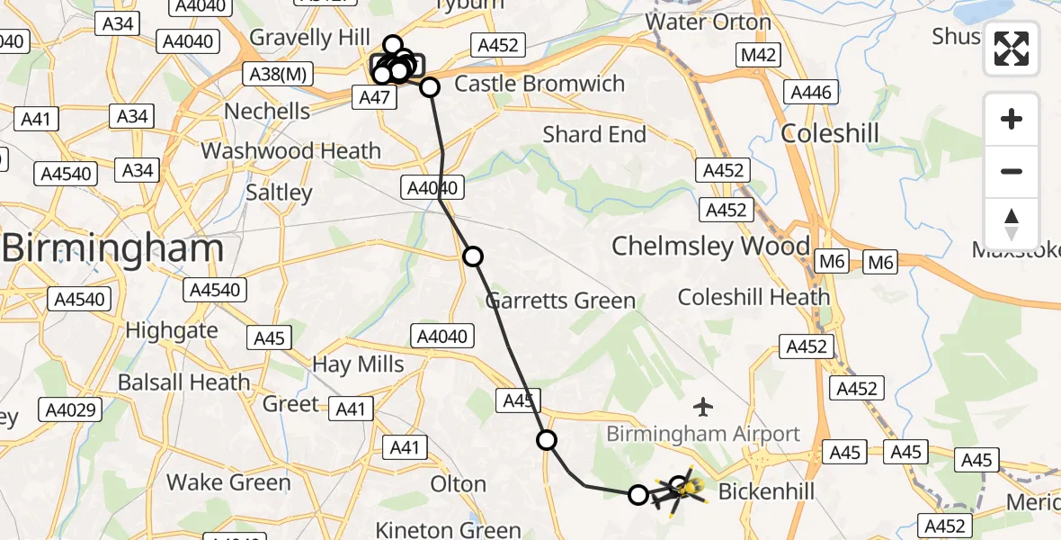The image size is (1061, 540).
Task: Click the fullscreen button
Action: coord(1012,49)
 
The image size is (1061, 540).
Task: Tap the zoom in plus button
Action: coord(1012,119)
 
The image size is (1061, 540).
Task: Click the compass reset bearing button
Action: coord(1012,224)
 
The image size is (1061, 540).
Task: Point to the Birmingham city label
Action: coord(112,248)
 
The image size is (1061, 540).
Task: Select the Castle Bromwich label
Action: coord(539,85)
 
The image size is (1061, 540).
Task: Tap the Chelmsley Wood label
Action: coord(710,246)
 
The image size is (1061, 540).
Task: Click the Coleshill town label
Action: coord(829,133)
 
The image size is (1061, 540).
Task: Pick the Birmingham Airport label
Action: coord(702,434)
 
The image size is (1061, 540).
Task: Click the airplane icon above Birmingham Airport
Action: coord(703,407)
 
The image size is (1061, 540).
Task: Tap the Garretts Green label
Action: coord(560,301)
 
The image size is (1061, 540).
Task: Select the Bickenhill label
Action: coord(766,491)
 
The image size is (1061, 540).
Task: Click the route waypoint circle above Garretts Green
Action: coord(473,256)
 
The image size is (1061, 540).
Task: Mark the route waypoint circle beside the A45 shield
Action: coord(547,440)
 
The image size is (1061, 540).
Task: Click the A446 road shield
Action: coord(812,92)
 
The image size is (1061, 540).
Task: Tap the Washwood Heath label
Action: coord(291,150)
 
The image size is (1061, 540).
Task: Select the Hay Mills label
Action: coord(358,364)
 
